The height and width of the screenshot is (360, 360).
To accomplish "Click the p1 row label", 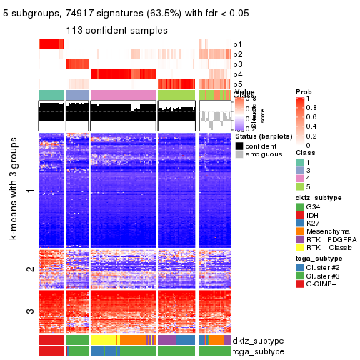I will click(x=237, y=44).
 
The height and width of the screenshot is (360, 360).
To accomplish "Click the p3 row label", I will click(x=237, y=64).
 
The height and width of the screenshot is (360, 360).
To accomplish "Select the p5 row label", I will click(x=237, y=84).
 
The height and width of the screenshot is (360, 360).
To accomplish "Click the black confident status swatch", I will click(x=239, y=146).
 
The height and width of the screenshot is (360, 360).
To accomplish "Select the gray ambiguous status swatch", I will click(x=239, y=155).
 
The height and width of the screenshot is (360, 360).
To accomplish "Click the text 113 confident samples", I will click(x=116, y=31).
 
